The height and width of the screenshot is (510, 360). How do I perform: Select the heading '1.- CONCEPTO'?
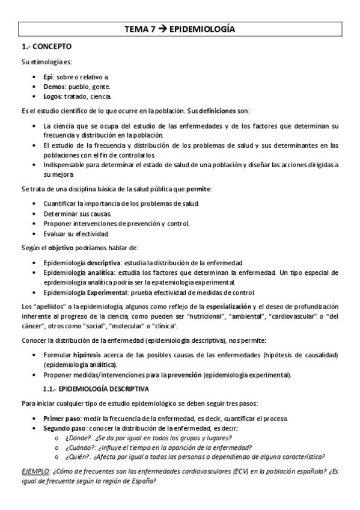click(x=46, y=46)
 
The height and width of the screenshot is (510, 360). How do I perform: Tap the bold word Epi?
click(x=49, y=78)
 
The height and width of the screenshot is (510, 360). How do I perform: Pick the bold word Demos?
click(x=55, y=87)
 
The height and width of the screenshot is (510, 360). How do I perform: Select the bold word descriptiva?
click(x=103, y=263)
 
